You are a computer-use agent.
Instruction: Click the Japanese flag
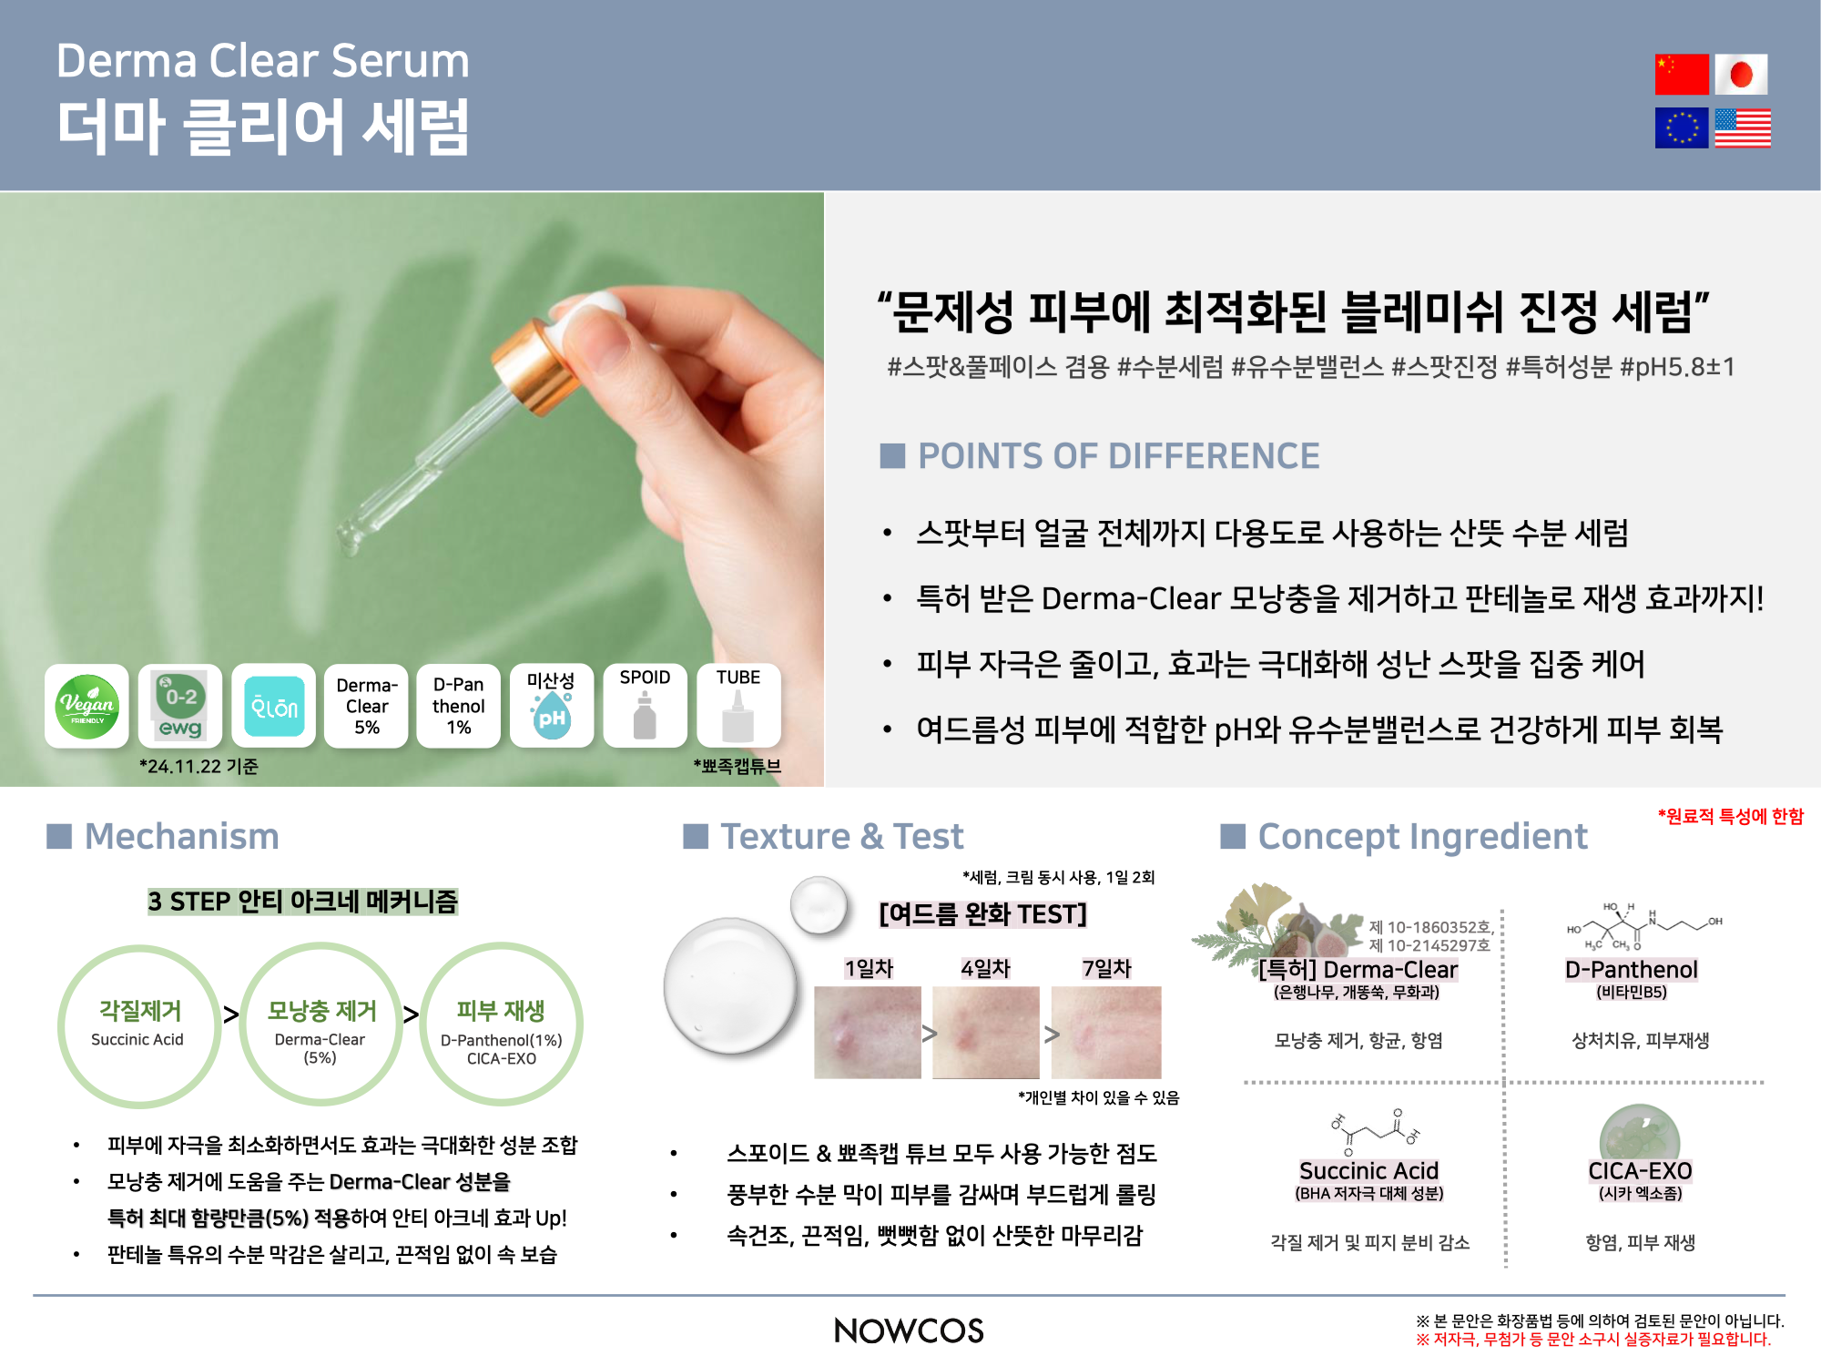pyautogui.click(x=1741, y=74)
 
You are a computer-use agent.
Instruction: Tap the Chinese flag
pyautogui.click(x=1682, y=74)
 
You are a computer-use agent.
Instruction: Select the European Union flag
pyautogui.click(x=1682, y=127)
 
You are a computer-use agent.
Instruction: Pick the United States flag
pyautogui.click(x=1743, y=127)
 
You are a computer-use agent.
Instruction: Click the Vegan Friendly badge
pyautogui.click(x=87, y=706)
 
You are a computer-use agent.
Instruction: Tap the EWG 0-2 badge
pyautogui.click(x=180, y=706)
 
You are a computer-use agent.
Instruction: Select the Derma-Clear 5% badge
pyautogui.click(x=366, y=706)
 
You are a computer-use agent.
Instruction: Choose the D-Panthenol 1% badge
pyautogui.click(x=459, y=706)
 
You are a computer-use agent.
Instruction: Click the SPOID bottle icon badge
pyautogui.click(x=645, y=706)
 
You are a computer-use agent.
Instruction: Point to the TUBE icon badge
pyautogui.click(x=738, y=706)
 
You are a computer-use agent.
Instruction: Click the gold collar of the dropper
pyautogui.click(x=533, y=369)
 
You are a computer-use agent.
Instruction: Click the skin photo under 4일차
pyautogui.click(x=986, y=1033)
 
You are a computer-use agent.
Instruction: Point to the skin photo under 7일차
pyautogui.click(x=1106, y=1033)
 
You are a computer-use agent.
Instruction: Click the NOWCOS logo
pyautogui.click(x=909, y=1330)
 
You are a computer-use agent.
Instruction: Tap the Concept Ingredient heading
pyautogui.click(x=1422, y=836)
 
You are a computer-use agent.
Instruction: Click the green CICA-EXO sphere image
pyautogui.click(x=1640, y=1134)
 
